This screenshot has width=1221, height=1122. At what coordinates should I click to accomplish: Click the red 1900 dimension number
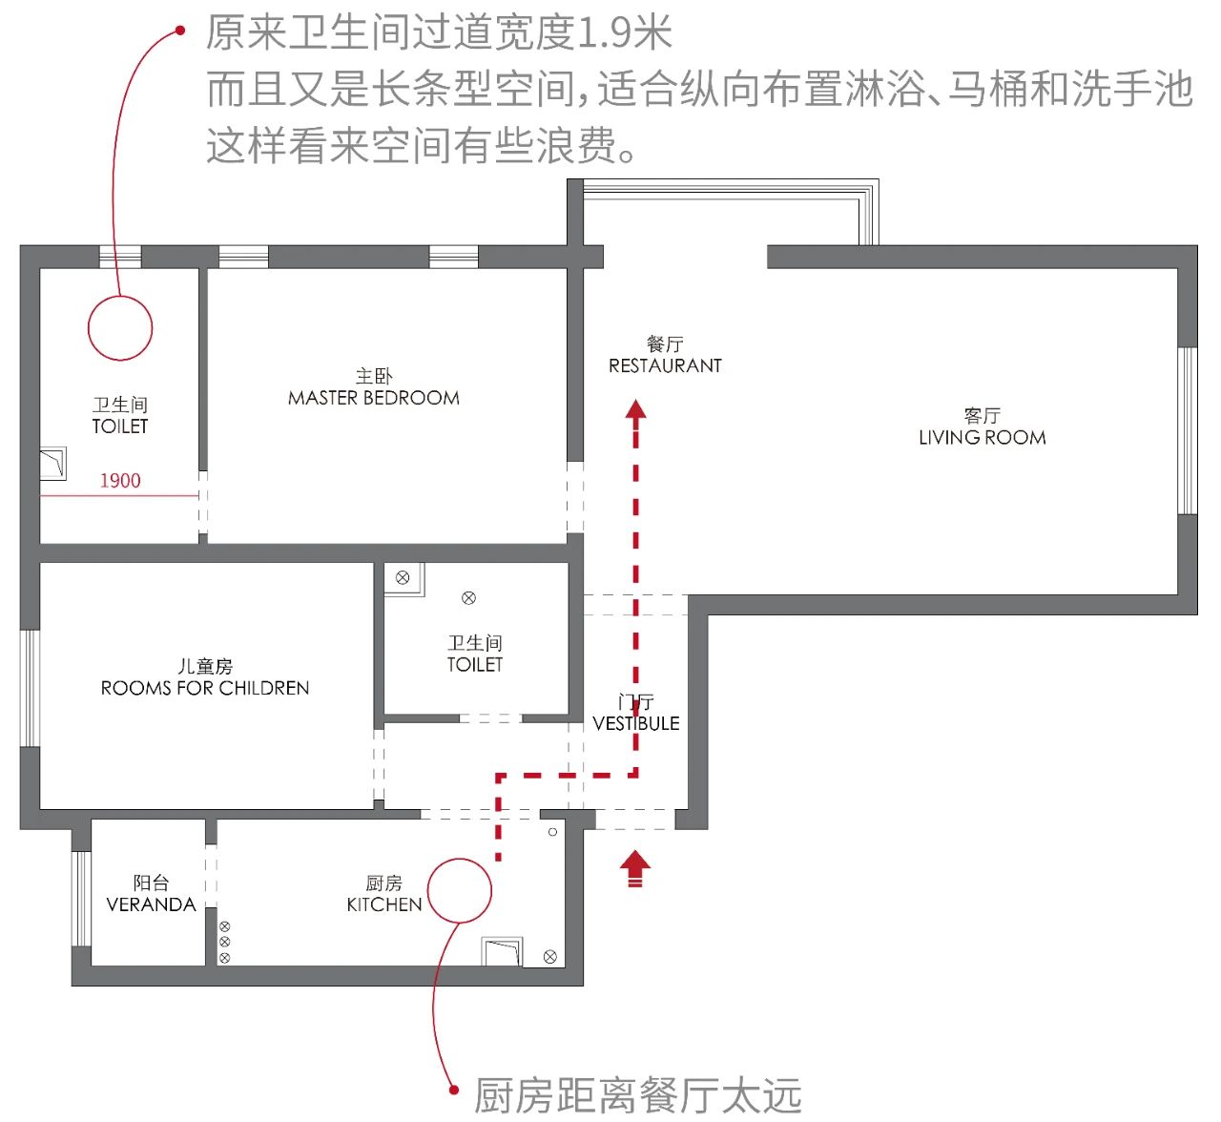(x=120, y=481)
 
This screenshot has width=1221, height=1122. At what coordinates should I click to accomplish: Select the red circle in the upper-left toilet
(x=120, y=328)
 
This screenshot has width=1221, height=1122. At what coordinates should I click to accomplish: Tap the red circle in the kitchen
(x=460, y=890)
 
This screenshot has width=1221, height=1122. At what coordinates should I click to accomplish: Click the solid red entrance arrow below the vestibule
(x=635, y=868)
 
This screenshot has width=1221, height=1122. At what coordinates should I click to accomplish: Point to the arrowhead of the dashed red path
(x=636, y=410)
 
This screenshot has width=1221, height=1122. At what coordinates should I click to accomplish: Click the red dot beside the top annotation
(x=180, y=31)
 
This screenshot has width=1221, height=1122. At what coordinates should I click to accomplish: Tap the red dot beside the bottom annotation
(x=454, y=1088)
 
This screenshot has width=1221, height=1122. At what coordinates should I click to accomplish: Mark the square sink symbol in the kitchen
(x=502, y=951)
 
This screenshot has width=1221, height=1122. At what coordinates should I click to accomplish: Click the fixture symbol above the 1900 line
(x=52, y=464)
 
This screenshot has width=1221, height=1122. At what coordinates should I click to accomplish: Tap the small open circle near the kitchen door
(x=553, y=833)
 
